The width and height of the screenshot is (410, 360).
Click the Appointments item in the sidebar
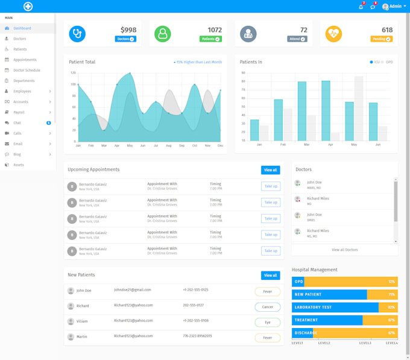coord(25,60)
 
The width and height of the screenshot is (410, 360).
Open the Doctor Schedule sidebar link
coord(27,70)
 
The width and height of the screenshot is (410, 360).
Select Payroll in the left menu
coord(19,112)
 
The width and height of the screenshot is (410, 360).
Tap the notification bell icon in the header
coord(361,7)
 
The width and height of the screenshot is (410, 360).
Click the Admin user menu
coord(394,7)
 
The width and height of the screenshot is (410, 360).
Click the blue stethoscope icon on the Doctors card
coord(77,34)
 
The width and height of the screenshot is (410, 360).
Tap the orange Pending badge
coord(381,39)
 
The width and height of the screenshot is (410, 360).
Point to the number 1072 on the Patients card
coord(214,30)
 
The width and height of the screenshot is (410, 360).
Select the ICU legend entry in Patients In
coord(374,62)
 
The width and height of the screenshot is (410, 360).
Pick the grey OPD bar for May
coord(359,109)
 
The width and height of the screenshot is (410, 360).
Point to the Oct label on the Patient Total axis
coord(194,145)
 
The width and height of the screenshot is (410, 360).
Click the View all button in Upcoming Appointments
coord(270,170)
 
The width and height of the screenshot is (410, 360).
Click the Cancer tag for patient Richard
coord(267,307)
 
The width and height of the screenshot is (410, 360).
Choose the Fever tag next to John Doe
coord(267,291)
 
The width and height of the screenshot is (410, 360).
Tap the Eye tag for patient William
coord(267,322)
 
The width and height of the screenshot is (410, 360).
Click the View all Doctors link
coord(344,250)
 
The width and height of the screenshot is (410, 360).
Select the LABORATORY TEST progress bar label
coord(313,308)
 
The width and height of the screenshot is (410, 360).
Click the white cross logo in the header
coord(28,7)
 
